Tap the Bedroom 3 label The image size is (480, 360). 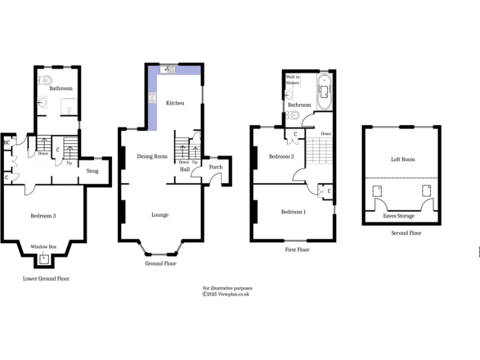click(x=44, y=216)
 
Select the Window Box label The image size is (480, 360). click(x=44, y=247)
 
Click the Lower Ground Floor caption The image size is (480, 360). click(x=46, y=279)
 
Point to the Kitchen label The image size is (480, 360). click(x=175, y=103)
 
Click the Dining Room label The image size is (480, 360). click(x=152, y=156)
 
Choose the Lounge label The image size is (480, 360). click(x=160, y=215)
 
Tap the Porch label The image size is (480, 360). click(x=216, y=167)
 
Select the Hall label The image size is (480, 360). click(x=185, y=169)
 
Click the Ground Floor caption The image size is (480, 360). click(x=161, y=264)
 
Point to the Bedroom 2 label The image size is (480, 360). click(x=281, y=156)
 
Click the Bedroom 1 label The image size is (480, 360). click(x=293, y=212)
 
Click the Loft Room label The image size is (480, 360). click(x=403, y=159)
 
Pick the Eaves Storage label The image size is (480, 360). click(x=399, y=216)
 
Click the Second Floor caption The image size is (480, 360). click(x=407, y=233)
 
